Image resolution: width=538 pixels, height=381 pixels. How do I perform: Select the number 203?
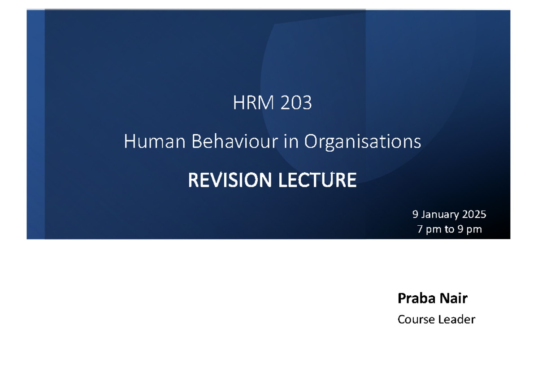coord(296,104)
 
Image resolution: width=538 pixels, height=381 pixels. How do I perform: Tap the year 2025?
coord(474,215)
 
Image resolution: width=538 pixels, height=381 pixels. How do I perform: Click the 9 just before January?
coord(415,215)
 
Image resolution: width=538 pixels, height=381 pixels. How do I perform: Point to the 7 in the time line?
coord(420,230)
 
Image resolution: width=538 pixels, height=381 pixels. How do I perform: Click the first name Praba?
coord(412,298)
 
